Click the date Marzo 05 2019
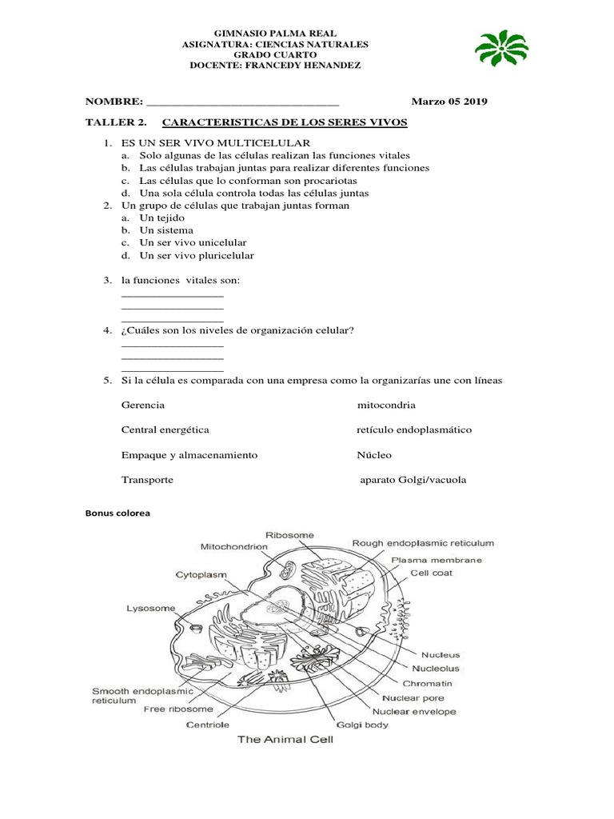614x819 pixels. (449, 102)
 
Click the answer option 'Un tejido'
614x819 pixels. (162, 218)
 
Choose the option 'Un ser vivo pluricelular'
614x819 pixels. (197, 256)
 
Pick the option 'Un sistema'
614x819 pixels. (166, 230)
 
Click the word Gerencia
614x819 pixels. (143, 406)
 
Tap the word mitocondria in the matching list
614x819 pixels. (386, 406)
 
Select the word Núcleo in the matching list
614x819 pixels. (374, 454)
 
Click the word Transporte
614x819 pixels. (147, 480)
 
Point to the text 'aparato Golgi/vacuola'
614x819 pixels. (412, 480)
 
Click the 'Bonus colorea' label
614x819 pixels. (118, 513)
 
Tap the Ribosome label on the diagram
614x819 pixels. (289, 534)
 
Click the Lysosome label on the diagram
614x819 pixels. (150, 608)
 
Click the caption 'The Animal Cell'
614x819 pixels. (285, 740)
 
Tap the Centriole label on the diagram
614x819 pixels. (208, 725)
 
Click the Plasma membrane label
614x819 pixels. (436, 560)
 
